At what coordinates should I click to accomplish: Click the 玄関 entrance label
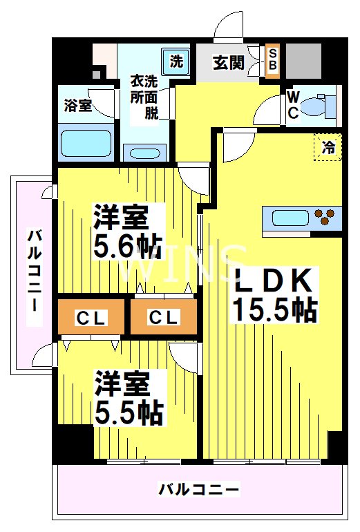(228, 62)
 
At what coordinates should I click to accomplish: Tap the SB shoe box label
(272, 60)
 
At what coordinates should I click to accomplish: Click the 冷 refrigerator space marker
(328, 146)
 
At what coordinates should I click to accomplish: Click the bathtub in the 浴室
(85, 142)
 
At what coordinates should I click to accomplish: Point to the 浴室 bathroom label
(77, 106)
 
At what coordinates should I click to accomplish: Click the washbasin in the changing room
(145, 153)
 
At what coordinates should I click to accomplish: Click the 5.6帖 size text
(128, 245)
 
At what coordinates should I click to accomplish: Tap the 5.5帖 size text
(129, 412)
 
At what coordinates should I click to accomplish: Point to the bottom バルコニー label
(199, 490)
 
